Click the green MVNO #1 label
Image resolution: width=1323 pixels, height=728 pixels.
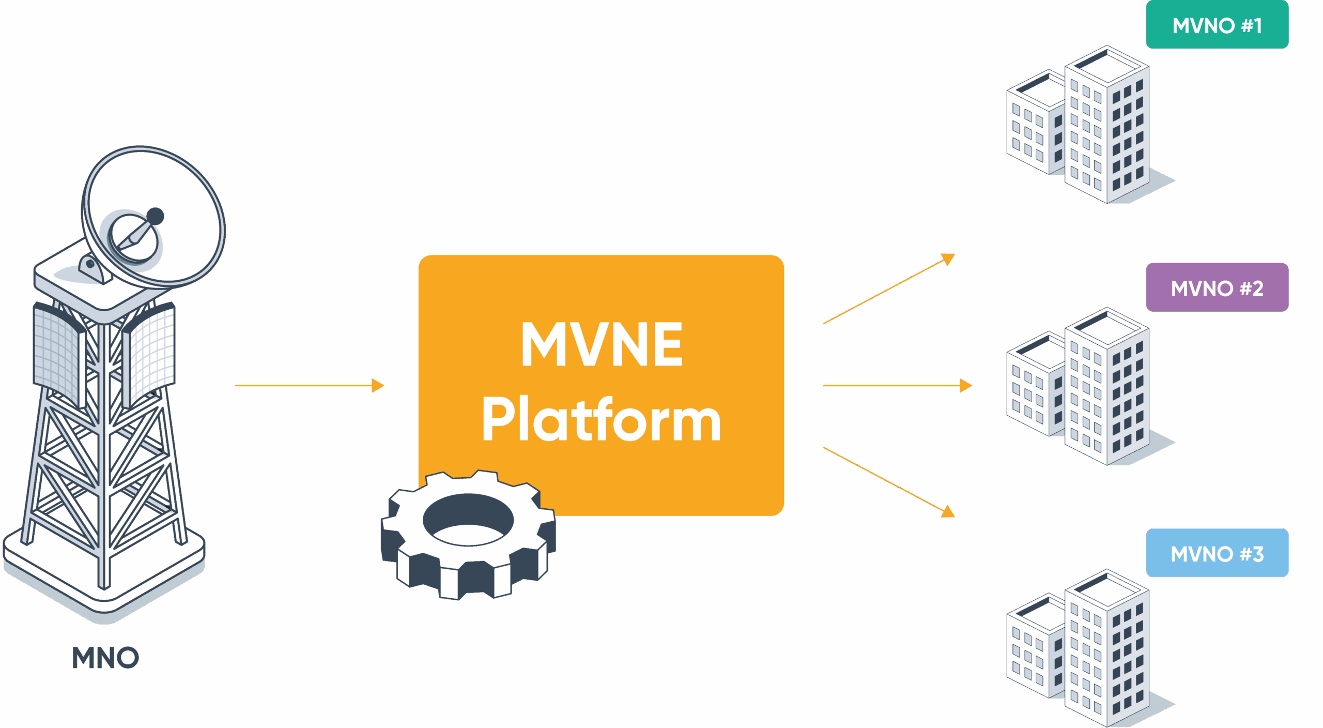click(1217, 25)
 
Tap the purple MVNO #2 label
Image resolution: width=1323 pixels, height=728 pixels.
click(1217, 287)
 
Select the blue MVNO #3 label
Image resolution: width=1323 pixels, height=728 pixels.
click(1217, 553)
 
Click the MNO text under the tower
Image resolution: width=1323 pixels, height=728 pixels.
click(105, 658)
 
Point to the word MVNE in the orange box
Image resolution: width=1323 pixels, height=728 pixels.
click(602, 344)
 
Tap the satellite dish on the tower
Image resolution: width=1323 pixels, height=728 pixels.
click(155, 217)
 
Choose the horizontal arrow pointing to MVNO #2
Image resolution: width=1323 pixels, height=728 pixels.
click(897, 385)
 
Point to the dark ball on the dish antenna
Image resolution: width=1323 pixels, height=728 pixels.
click(155, 216)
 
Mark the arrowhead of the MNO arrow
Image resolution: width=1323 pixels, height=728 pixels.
click(379, 385)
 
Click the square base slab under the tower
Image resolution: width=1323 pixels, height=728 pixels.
click(103, 574)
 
